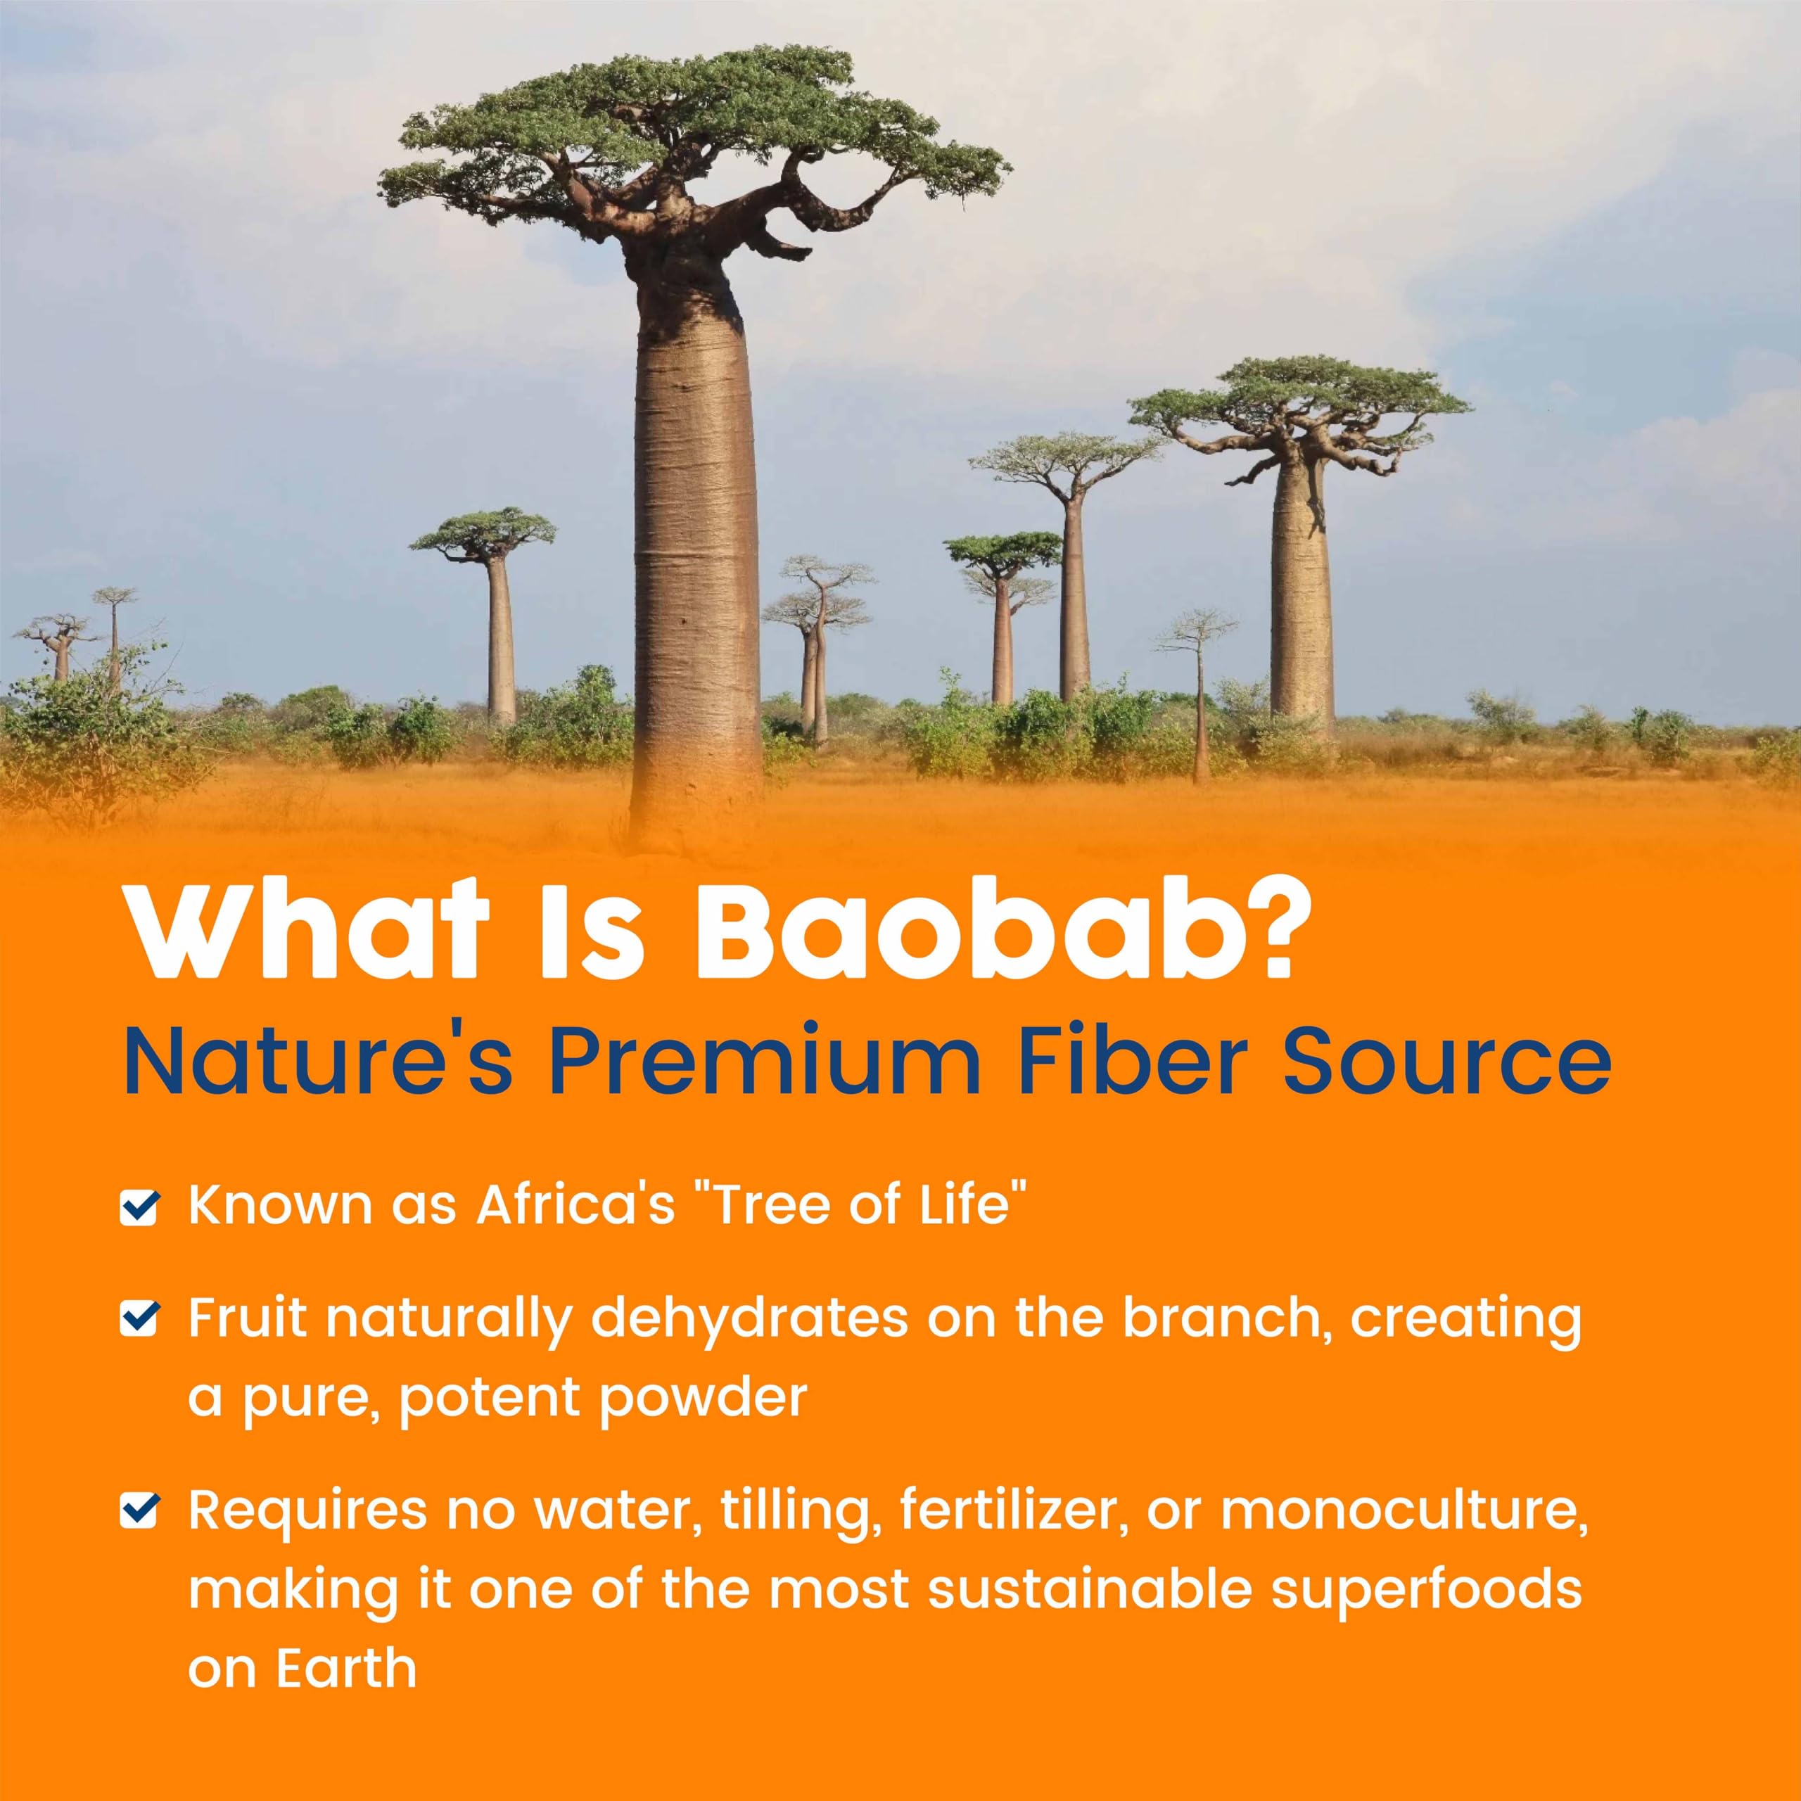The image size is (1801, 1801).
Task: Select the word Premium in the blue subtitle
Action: pos(765,1062)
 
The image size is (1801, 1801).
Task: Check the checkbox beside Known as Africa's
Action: pos(140,1207)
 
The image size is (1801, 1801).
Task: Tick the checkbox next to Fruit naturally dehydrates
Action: pos(140,1318)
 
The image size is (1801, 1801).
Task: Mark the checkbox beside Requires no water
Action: pos(140,1511)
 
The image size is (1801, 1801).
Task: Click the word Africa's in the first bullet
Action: pos(575,1204)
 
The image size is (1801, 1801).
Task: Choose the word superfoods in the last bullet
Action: pos(1426,1589)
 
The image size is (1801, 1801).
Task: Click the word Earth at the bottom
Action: pos(346,1668)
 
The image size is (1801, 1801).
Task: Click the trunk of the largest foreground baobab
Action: pos(694,559)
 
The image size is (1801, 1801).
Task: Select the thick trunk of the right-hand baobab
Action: pos(1300,597)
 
